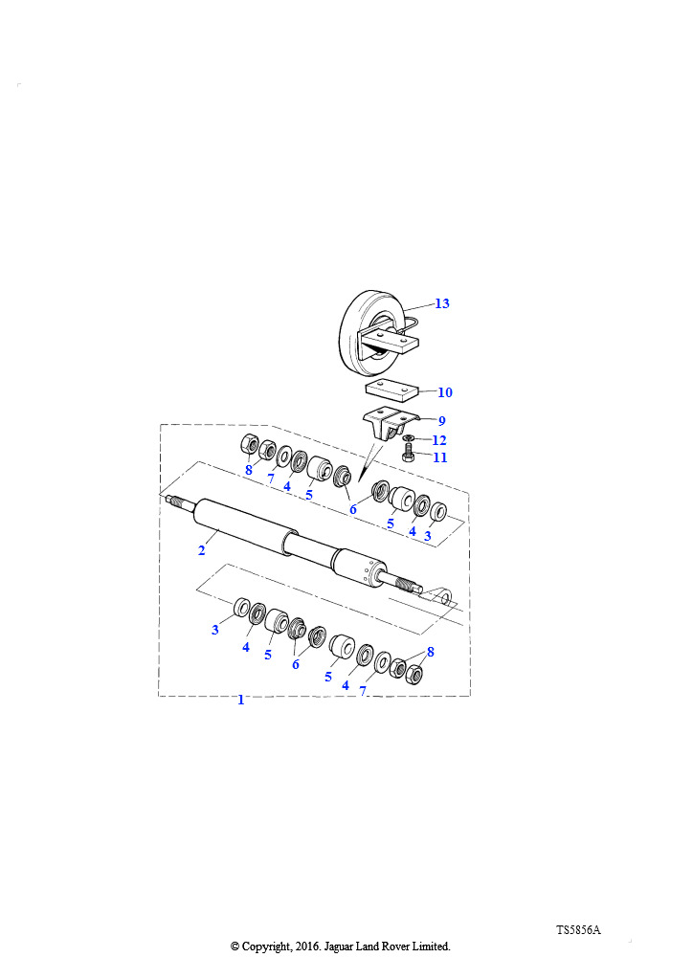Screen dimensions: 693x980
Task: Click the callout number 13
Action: click(x=442, y=303)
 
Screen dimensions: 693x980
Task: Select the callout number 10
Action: click(x=444, y=392)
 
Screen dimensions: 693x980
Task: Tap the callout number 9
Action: click(x=442, y=421)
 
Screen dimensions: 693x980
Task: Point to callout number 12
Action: click(x=439, y=440)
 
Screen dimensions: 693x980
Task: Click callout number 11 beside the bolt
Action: click(x=440, y=457)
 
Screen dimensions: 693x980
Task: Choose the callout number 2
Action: click(x=201, y=550)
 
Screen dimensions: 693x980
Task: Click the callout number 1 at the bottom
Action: click(x=240, y=700)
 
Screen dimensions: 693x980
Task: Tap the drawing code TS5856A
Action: click(x=578, y=930)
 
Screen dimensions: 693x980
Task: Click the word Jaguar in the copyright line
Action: click(x=339, y=947)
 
